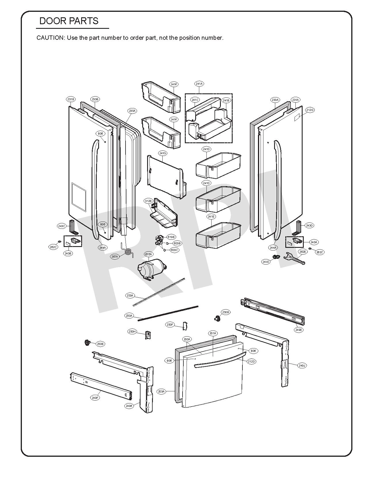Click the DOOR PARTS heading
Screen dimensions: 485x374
(69, 21)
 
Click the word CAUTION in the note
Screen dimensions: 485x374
(51, 38)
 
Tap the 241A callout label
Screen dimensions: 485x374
(199, 84)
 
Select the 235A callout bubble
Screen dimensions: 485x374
(132, 111)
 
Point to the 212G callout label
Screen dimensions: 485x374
(310, 110)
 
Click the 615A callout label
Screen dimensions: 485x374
(149, 254)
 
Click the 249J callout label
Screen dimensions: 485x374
(302, 366)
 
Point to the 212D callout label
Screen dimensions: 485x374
(251, 361)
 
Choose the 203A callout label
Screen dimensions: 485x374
(161, 391)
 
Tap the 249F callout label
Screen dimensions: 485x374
(95, 398)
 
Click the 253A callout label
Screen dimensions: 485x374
(130, 295)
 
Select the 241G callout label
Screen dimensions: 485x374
(163, 153)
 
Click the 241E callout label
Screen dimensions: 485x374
(211, 216)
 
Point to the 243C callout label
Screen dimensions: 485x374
(62, 226)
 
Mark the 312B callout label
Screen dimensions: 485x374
(148, 201)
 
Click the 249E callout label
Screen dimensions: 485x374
(299, 330)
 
